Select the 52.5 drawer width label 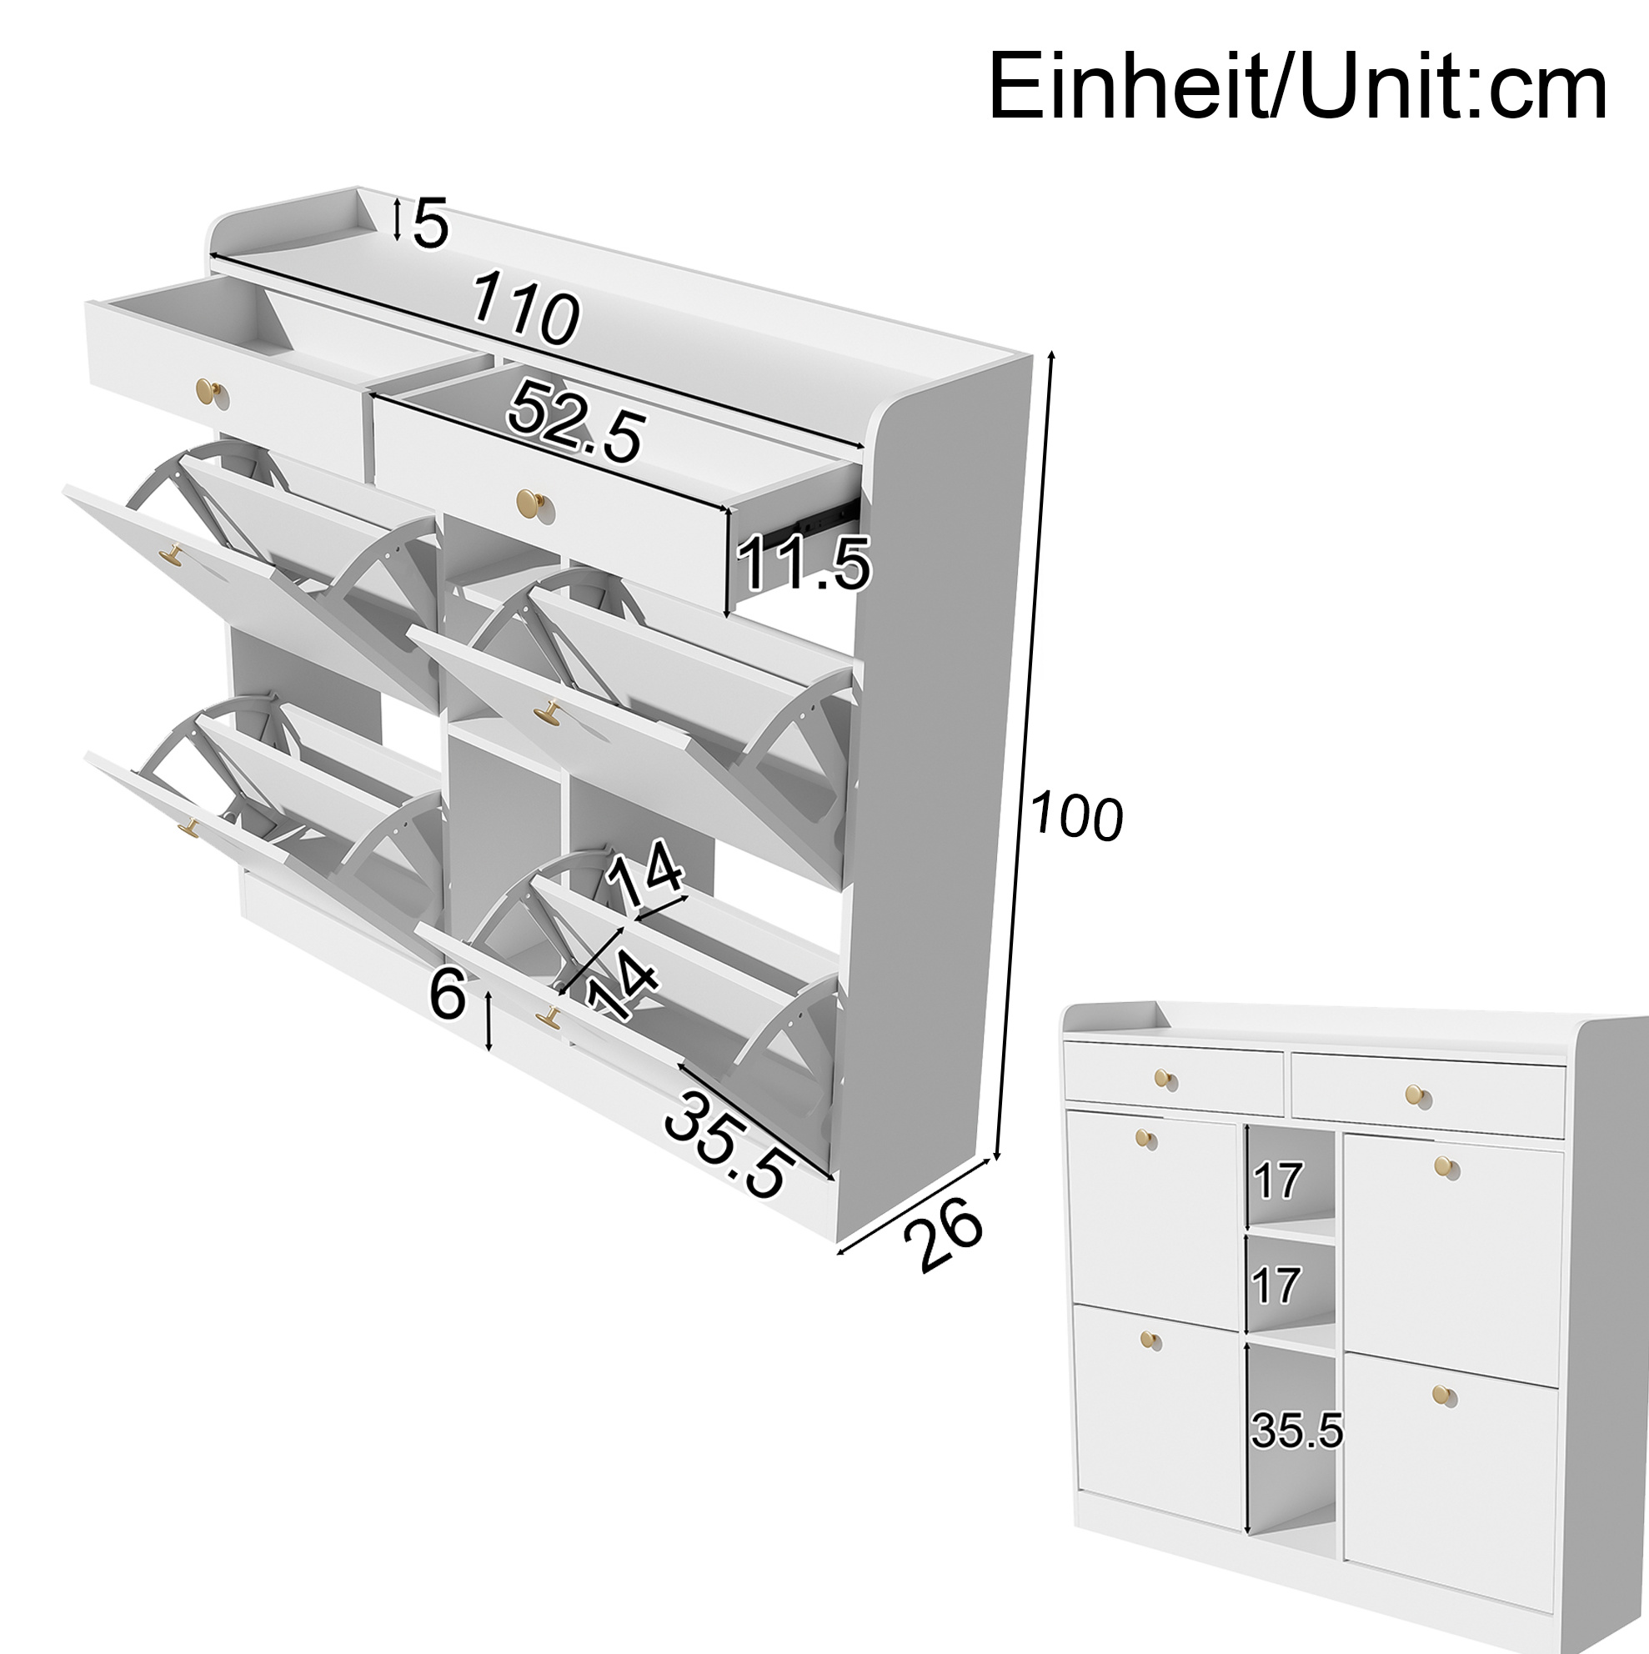click(574, 421)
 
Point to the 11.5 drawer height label click(803, 564)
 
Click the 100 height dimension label click(1075, 818)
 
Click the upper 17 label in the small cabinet click(1277, 1181)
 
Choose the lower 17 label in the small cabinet click(1276, 1286)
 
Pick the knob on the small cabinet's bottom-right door click(1444, 1396)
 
